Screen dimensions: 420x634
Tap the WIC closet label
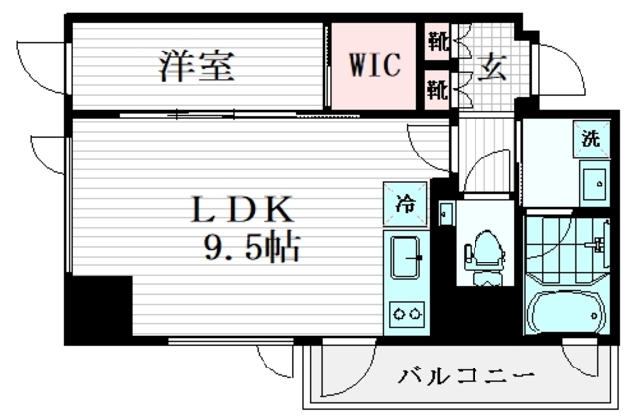coord(373,66)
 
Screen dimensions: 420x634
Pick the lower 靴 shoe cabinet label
coord(437,90)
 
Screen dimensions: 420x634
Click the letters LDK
coord(244,209)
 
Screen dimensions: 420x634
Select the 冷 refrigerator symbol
coord(406,203)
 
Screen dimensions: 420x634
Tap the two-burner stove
coord(406,314)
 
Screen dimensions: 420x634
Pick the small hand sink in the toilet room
coord(446,213)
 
